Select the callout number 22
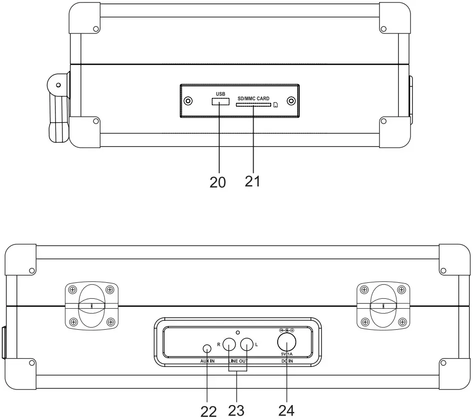coord(209,411)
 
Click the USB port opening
coord(218,102)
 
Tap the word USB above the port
coord(220,94)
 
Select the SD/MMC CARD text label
coord(253,98)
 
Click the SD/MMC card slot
coord(253,105)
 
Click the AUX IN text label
coord(208,360)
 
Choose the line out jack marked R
coord(229,344)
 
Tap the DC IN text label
coord(287,360)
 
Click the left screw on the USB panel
coord(188,101)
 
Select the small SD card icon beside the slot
coord(276,105)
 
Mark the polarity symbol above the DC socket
coord(286,330)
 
